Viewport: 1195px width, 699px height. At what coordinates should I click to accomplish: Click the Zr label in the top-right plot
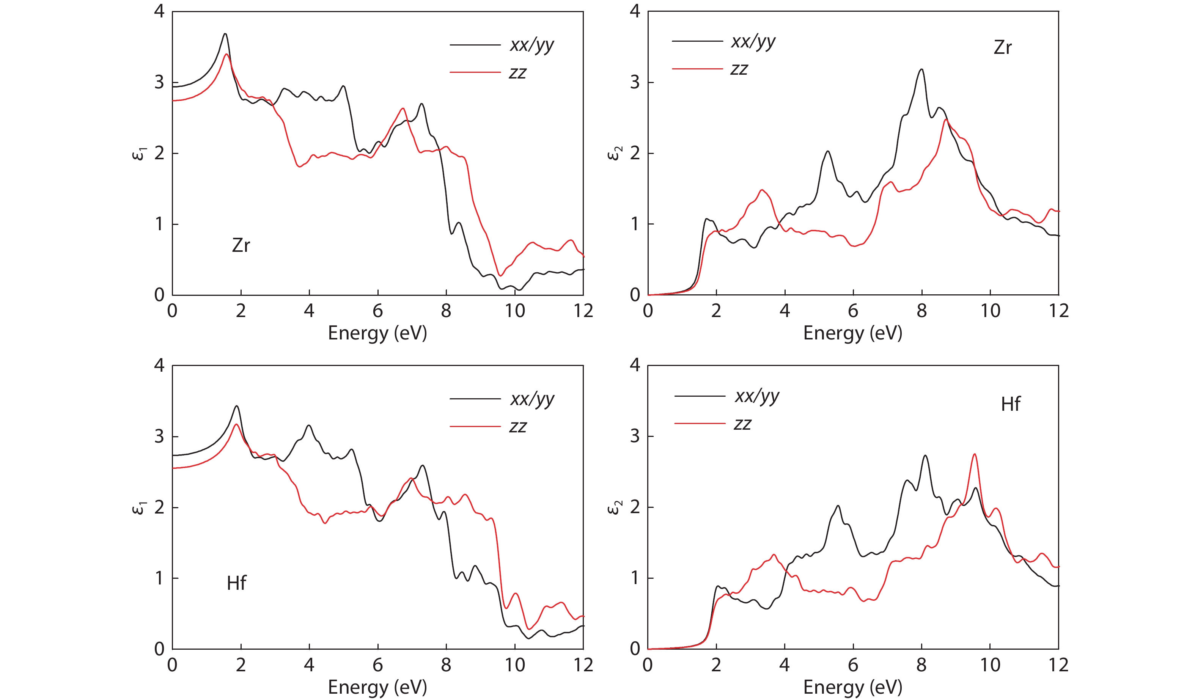tap(1002, 48)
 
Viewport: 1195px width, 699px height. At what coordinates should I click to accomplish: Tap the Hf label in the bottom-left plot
tap(236, 583)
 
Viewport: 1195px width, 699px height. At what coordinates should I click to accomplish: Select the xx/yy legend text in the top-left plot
tap(531, 46)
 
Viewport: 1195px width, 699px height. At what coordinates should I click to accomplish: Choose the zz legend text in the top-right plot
tap(739, 70)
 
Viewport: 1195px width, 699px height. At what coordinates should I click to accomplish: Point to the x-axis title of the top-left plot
tap(377, 333)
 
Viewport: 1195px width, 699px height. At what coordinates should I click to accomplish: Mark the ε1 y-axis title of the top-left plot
tap(138, 154)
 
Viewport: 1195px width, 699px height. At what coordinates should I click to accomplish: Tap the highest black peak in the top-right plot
tap(921, 70)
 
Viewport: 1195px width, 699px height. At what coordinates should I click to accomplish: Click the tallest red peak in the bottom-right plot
tap(975, 454)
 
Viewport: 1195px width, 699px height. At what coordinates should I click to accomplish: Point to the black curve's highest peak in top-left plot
tap(225, 34)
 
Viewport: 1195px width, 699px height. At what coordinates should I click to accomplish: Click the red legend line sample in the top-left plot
tap(475, 72)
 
